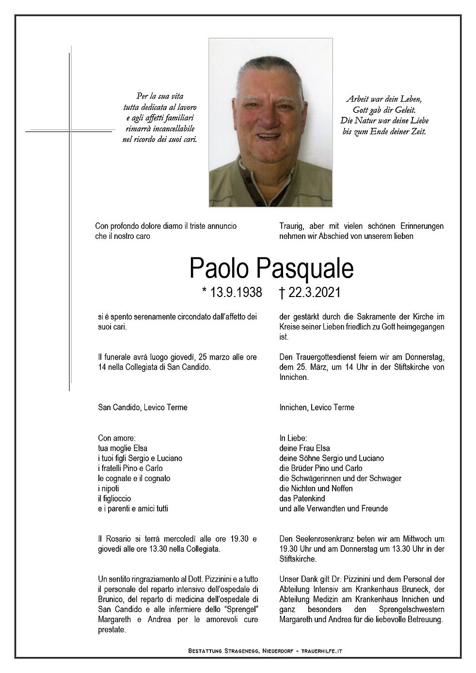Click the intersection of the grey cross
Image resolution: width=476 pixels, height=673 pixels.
70,130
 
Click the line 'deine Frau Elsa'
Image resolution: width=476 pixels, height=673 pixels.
304,448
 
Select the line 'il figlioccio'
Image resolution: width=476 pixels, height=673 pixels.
114,499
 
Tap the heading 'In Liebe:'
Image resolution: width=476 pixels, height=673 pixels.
294,438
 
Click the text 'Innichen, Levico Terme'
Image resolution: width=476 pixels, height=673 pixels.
317,407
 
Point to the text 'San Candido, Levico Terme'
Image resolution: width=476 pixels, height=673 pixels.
143,407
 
